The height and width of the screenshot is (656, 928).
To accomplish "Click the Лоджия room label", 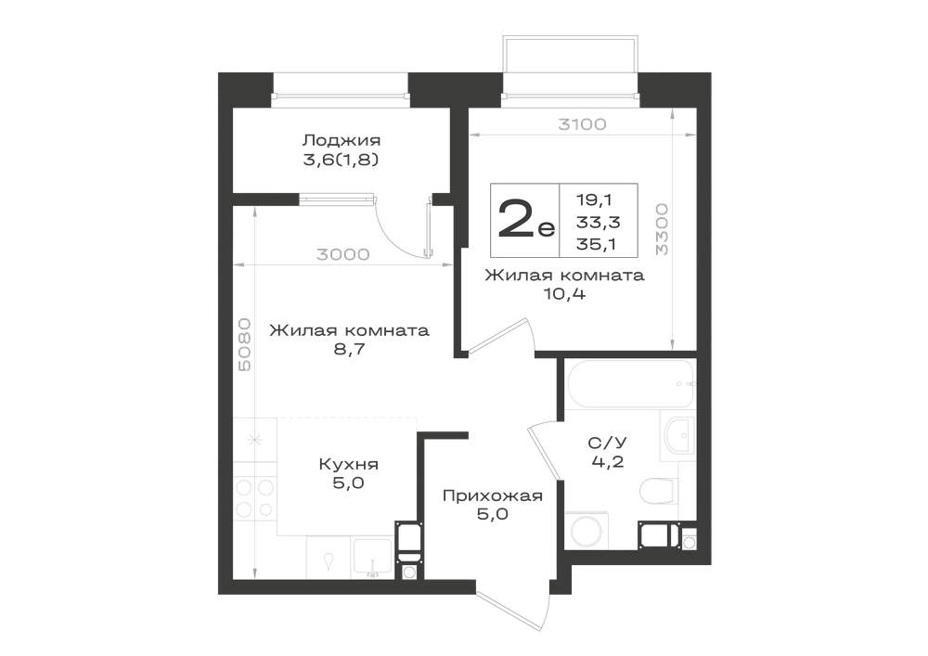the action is click(341, 140).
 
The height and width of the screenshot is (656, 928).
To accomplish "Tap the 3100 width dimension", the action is click(583, 124).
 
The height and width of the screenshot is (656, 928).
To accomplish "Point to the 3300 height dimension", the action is click(662, 229).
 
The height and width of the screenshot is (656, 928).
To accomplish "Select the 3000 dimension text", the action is click(342, 254).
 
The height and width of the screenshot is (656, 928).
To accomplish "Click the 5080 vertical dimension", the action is click(244, 344).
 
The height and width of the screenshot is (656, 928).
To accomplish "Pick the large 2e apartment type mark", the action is click(525, 219).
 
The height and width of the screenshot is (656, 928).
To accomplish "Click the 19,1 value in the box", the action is click(594, 199).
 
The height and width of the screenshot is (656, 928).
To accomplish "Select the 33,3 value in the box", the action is click(598, 222).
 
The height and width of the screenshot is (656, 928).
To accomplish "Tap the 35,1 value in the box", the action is click(596, 243).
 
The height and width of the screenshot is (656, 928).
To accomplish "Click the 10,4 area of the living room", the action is click(564, 293).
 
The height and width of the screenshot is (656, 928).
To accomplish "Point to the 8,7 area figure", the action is click(349, 349).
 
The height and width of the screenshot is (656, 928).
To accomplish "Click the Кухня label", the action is click(349, 464).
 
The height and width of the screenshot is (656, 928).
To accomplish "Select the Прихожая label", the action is click(493, 495).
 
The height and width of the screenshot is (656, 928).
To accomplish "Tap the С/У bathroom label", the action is click(607, 443).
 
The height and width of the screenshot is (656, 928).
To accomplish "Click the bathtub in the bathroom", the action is click(630, 384).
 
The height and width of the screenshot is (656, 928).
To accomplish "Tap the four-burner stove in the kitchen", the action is click(255, 498).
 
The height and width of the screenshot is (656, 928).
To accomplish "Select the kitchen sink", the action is click(372, 556).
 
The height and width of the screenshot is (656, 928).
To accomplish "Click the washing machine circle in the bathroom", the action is click(589, 531).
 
